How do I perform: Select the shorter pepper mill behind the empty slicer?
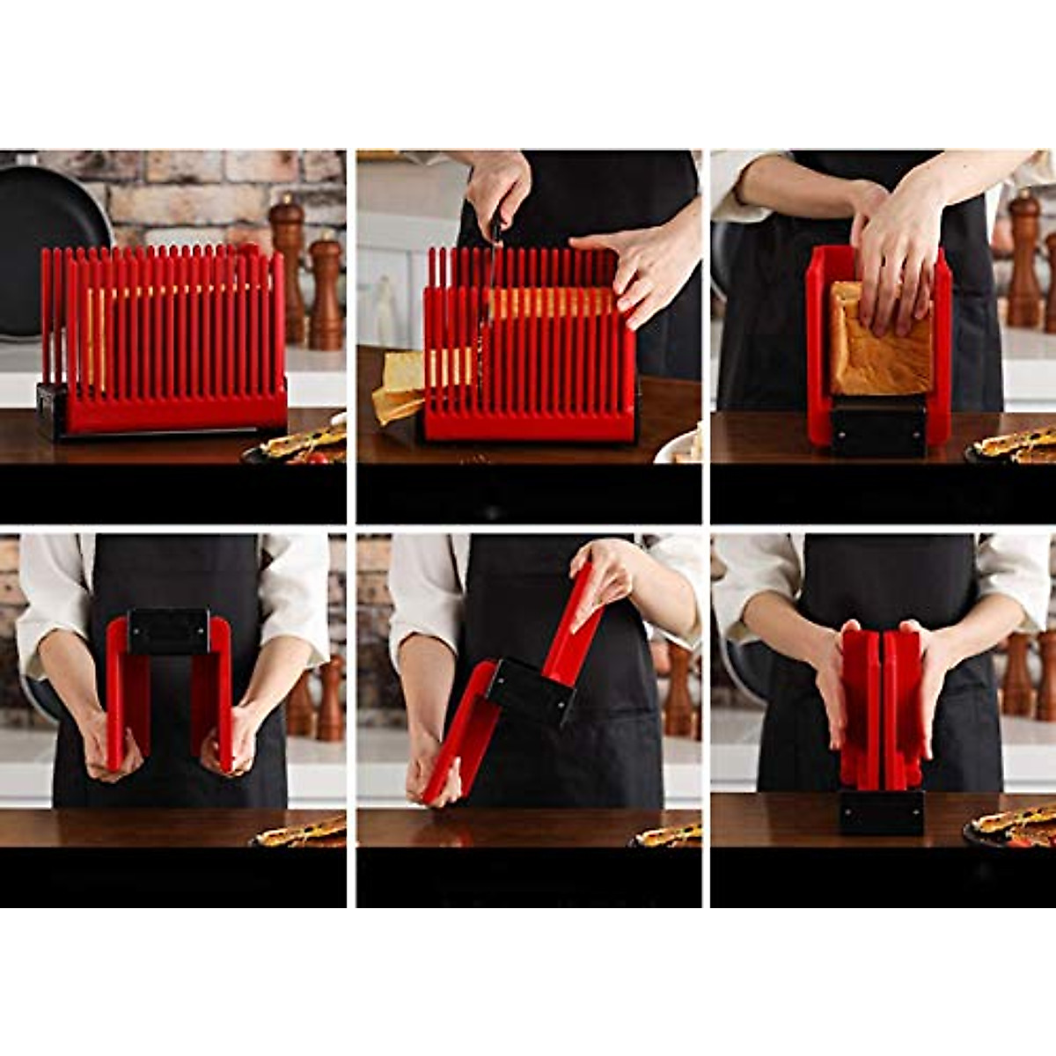(x=326, y=290)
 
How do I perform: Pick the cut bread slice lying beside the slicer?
(x=396, y=387)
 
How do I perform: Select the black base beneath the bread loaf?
(x=878, y=429)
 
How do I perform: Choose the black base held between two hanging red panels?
(x=169, y=631)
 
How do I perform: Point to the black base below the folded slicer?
(x=881, y=811)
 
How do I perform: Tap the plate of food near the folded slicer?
(x=1012, y=825)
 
